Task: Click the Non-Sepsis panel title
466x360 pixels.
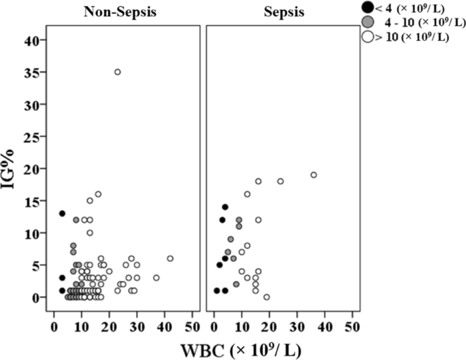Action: coord(123,12)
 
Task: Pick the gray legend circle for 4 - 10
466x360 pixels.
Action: coord(367,22)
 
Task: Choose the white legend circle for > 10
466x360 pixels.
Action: coord(367,37)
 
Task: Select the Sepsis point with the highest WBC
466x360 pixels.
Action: coord(314,175)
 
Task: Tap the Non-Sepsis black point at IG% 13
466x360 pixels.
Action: coord(62,214)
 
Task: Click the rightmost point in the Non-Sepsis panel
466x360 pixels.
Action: coord(170,259)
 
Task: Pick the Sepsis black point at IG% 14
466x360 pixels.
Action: coord(225,207)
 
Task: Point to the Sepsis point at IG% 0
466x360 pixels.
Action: coord(267,297)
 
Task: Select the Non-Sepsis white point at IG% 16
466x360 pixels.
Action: coord(98,194)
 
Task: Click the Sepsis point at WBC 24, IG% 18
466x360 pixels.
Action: coord(280,181)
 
